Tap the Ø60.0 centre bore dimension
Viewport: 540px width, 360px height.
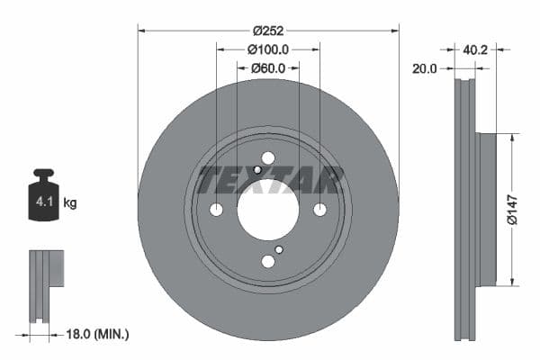click(x=267, y=67)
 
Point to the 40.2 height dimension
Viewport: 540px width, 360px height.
click(x=477, y=49)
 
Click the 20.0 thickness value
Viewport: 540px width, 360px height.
click(x=425, y=68)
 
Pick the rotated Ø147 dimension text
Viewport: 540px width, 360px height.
click(x=509, y=209)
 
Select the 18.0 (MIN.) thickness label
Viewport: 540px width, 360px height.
click(x=99, y=334)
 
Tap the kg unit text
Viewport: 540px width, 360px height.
click(x=70, y=203)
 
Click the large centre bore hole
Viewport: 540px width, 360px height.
click(x=268, y=210)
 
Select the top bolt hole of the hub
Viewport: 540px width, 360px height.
click(x=268, y=158)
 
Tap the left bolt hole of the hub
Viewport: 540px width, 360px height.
click(x=216, y=210)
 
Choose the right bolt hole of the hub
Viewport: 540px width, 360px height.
click(x=319, y=210)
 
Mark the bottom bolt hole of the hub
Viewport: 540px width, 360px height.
click(x=268, y=262)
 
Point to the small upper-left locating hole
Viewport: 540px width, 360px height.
click(x=257, y=170)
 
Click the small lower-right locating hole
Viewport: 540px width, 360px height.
click(x=279, y=249)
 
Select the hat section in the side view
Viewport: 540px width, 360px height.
click(x=486, y=209)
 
